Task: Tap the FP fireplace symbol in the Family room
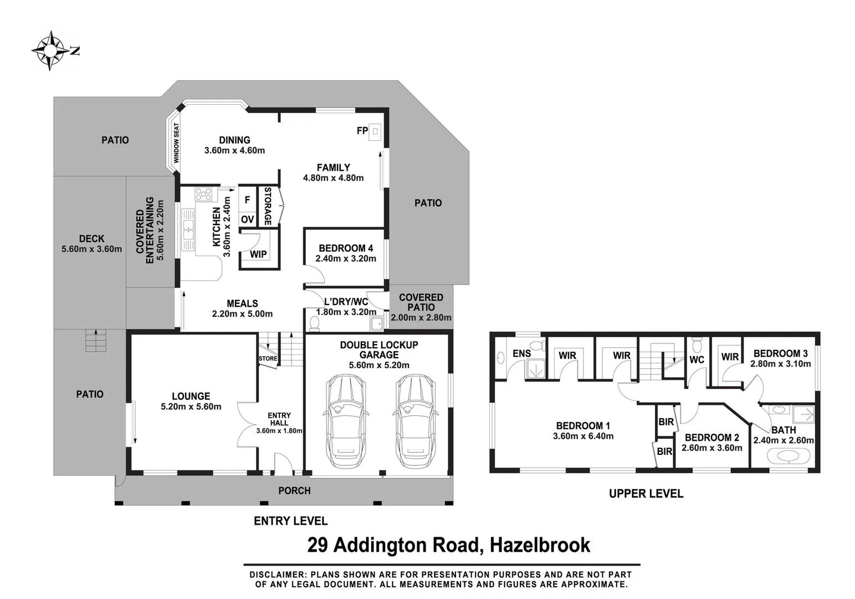(375, 131)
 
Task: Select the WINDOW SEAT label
(177, 143)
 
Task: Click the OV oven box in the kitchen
(247, 220)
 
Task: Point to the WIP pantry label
(258, 255)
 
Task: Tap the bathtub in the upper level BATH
(784, 456)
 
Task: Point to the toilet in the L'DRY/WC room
(315, 322)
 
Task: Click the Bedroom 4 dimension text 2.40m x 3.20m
(346, 258)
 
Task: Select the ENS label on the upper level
(521, 353)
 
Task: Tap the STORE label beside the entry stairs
(268, 359)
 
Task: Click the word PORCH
(294, 491)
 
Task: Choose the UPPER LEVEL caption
(646, 494)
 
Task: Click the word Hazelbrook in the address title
(541, 545)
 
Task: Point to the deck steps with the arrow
(96, 340)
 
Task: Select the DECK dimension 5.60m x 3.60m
(91, 250)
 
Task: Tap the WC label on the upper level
(697, 359)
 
